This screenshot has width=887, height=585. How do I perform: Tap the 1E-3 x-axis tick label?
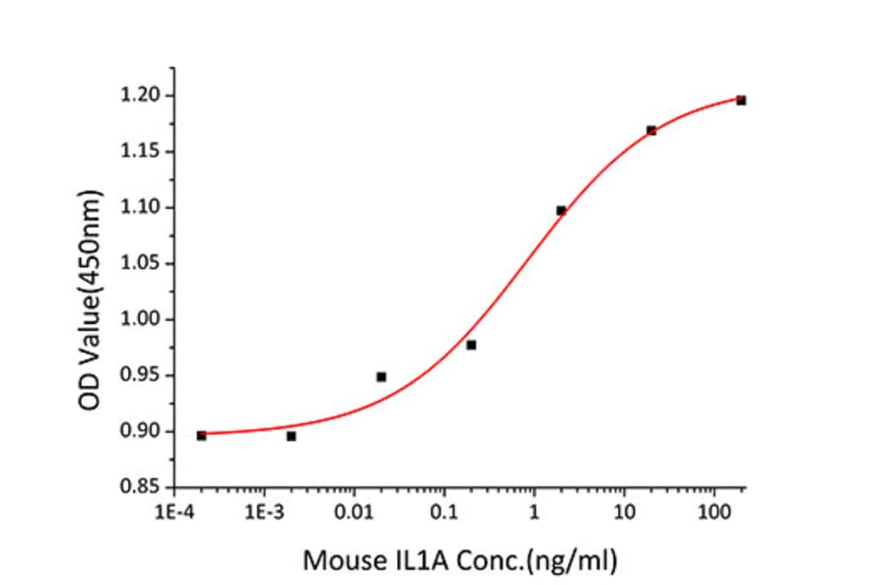[264, 513]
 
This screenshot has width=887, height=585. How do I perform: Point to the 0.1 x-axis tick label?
[443, 513]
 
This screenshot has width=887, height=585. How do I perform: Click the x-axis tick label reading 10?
[623, 513]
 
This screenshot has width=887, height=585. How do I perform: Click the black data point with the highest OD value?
[741, 100]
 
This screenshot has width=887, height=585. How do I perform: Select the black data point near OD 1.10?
[561, 211]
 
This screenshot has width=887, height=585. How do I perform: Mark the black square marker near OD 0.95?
[381, 377]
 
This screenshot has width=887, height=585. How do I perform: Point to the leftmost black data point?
[202, 435]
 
